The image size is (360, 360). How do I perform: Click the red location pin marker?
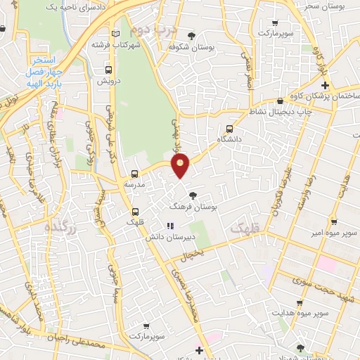click(x=181, y=166)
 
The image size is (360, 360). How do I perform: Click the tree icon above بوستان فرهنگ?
click(x=193, y=196)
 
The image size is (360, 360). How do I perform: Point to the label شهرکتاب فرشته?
click(x=112, y=44)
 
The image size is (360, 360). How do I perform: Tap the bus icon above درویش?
click(x=109, y=70)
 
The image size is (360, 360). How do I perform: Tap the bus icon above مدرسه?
click(x=134, y=173)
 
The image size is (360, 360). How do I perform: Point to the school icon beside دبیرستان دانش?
click(x=169, y=226)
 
